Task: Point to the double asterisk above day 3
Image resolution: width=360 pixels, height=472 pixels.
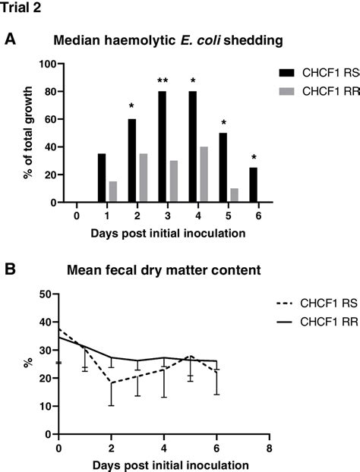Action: tap(163, 81)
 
